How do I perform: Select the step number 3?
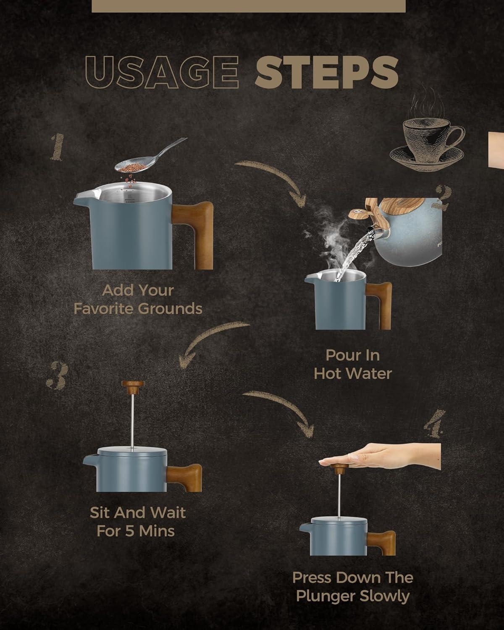click(x=58, y=375)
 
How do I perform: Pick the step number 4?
click(x=434, y=424)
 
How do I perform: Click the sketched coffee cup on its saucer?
click(x=427, y=144)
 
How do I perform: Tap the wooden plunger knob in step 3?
click(x=133, y=384)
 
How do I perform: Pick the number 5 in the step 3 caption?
click(x=130, y=531)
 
